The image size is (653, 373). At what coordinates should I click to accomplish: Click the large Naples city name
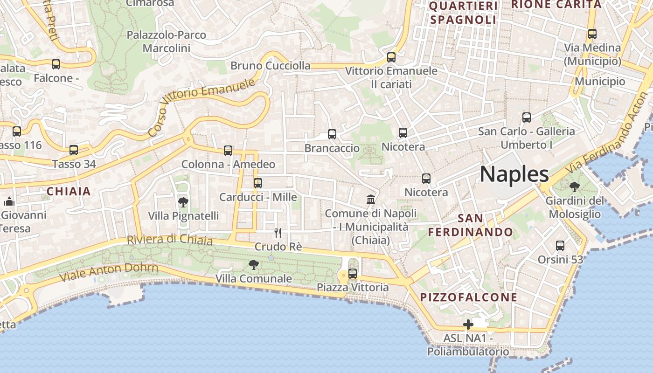[514, 174]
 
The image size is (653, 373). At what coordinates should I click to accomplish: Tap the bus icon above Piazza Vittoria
[353, 274]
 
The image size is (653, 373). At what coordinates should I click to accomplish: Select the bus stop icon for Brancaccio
[332, 134]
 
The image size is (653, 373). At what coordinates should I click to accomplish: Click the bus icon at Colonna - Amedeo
[228, 151]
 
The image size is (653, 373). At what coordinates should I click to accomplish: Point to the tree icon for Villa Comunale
[254, 265]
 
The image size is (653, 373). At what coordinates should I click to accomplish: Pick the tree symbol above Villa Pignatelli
[183, 202]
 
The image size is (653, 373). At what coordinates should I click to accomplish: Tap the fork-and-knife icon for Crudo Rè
[278, 233]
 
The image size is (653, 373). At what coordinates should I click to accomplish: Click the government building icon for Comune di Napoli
[371, 200]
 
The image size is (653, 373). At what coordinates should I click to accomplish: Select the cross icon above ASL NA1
[468, 325]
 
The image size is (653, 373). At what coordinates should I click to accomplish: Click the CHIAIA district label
[69, 191]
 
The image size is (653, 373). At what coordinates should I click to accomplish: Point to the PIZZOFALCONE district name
[469, 297]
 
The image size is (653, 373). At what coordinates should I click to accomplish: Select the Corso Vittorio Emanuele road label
[201, 107]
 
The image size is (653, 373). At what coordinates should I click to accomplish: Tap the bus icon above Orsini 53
[560, 245]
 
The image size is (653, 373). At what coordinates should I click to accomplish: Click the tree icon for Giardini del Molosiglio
[575, 187]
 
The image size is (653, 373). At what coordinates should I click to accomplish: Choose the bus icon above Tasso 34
[74, 150]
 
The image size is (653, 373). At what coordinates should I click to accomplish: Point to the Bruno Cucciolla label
[271, 66]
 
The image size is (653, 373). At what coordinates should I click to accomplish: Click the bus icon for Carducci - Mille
[258, 183]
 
